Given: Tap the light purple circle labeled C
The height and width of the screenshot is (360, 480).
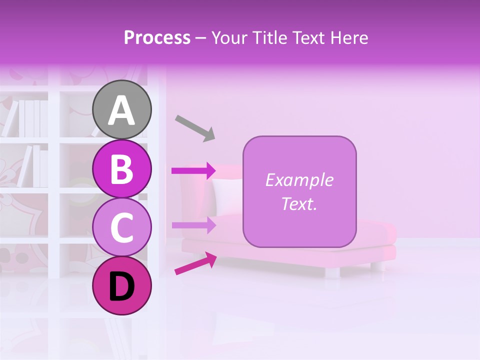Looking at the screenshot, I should click(x=122, y=227).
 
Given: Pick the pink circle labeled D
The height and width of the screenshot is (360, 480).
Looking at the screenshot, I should click(x=122, y=286).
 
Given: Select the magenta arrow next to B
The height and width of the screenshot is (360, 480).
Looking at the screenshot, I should click(x=193, y=171).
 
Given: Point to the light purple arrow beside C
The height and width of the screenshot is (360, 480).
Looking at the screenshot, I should click(x=193, y=225).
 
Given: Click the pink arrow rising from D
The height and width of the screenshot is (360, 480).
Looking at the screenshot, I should click(x=195, y=263).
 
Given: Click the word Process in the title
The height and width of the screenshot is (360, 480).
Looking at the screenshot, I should click(x=157, y=37).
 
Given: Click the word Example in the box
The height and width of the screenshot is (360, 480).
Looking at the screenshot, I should click(x=299, y=180).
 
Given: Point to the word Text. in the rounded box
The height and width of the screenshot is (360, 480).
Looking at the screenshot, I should click(x=299, y=203).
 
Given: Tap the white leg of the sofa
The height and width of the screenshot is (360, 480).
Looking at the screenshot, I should click(x=332, y=272).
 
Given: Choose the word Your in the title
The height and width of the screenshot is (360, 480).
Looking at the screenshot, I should click(x=228, y=37).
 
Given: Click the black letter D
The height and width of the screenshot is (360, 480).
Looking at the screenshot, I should click(x=122, y=287).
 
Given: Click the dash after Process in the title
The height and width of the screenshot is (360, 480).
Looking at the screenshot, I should click(x=200, y=38).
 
